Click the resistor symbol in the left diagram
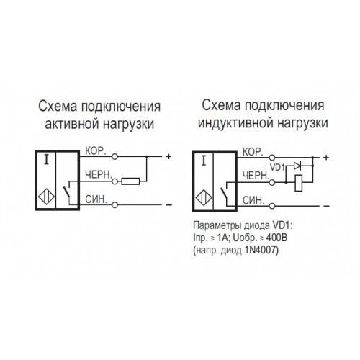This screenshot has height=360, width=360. (x=130, y=181)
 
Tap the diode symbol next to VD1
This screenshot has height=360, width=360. (x=297, y=166)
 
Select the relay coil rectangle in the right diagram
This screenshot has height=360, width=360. (x=298, y=183)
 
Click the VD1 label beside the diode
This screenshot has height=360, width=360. (x=277, y=167)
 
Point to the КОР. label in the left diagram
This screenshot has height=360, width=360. (x=96, y=151)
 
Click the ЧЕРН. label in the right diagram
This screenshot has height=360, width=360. (x=256, y=176)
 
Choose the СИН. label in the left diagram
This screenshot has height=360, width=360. (x=96, y=199)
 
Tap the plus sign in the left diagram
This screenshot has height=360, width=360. (x=168, y=156)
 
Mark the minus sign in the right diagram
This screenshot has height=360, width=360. (x=326, y=206)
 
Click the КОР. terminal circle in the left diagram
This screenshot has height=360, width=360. (x=115, y=157)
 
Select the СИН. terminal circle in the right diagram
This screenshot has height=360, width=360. (x=272, y=206)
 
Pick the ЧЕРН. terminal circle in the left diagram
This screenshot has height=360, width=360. (x=115, y=181)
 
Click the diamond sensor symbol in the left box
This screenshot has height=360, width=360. (x=46, y=197)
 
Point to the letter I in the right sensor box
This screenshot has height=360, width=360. (x=204, y=161)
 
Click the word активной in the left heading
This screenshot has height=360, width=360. (x=72, y=124)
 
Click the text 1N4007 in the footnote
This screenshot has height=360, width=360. (x=261, y=251)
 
